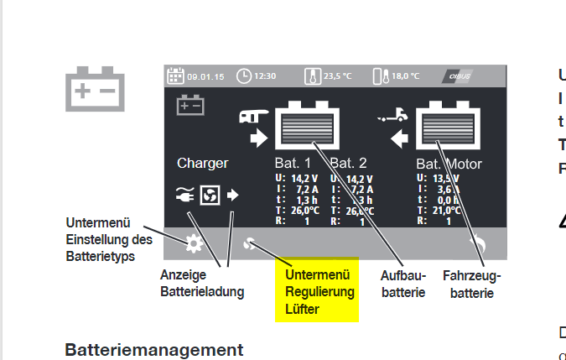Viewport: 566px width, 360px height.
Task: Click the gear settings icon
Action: [x=194, y=244]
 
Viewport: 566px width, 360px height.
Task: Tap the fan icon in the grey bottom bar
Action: [x=249, y=244]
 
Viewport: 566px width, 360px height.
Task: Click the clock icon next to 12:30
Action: [x=244, y=76]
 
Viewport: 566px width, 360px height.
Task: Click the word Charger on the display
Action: [x=202, y=163]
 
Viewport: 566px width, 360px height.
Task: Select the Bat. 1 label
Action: [x=293, y=163]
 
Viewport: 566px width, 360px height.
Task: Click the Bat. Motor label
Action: [x=449, y=164]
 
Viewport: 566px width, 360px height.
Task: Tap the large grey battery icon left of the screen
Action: [x=96, y=87]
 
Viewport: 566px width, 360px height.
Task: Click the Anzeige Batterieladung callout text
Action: [x=202, y=283]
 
